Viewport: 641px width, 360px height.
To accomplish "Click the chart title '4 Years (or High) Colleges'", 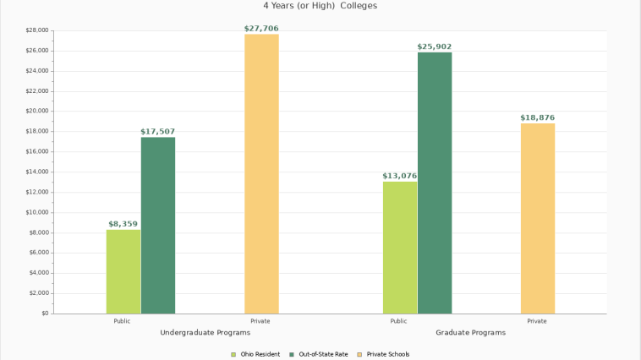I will click(320, 6).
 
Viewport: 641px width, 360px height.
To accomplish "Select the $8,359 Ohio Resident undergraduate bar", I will click(123, 271).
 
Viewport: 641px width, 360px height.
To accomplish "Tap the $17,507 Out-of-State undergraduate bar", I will click(158, 225).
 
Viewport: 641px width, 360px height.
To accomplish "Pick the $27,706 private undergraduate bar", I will click(261, 173).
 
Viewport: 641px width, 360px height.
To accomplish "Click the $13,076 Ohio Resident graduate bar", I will click(400, 248).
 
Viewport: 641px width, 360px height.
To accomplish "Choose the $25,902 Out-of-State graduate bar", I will click(435, 183).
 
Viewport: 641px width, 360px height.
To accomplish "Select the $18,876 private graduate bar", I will click(538, 218).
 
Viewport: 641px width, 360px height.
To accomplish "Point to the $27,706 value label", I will click(261, 29).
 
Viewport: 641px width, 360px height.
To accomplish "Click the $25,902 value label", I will click(435, 46).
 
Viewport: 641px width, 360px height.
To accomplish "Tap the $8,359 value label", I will click(123, 224).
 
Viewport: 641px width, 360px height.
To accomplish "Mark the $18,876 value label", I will click(538, 117).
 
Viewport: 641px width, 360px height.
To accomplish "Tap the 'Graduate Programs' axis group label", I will click(470, 333).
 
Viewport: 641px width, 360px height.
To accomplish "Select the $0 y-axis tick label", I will click(43, 314).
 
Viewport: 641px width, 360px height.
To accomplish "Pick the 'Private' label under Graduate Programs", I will click(537, 321).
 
